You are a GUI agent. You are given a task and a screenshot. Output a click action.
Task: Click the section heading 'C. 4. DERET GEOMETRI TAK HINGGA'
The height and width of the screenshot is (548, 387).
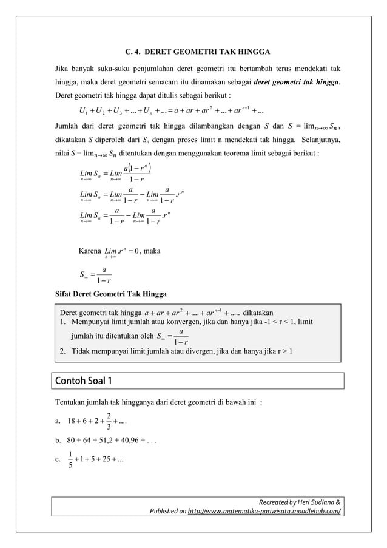click(x=193, y=50)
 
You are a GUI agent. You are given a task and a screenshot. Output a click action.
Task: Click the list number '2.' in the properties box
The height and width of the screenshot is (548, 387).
click(x=62, y=351)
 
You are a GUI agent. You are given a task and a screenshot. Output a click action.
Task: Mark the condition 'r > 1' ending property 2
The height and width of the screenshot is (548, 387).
click(x=284, y=351)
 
